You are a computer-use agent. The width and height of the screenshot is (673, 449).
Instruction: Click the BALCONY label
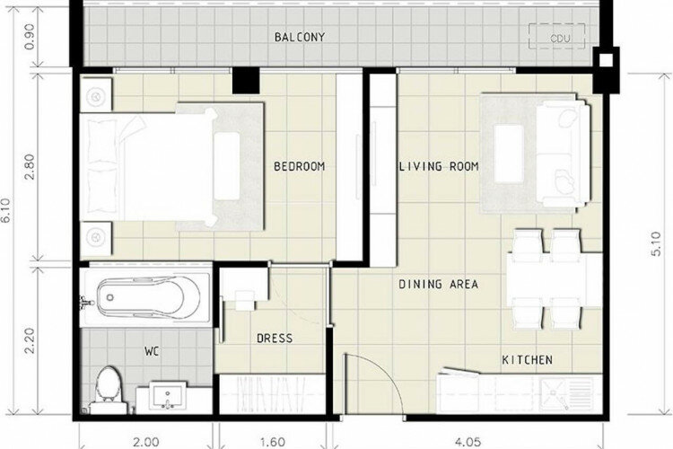pos(300,37)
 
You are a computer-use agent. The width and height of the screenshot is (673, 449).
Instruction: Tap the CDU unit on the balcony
pos(557,35)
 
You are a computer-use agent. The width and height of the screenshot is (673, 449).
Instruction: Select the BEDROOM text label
pos(299,166)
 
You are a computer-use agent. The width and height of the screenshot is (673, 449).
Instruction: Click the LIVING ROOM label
pos(439,166)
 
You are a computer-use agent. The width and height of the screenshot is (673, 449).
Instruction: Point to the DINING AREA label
pos(438,284)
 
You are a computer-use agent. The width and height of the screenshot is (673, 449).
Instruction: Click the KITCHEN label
pos(527,359)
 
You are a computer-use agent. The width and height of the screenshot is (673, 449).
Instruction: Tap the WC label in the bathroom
pos(152,352)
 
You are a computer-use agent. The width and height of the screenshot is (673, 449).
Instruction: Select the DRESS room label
pos(275,339)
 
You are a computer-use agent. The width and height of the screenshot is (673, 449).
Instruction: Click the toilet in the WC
pos(108,390)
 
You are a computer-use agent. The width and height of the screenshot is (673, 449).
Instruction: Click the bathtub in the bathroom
pos(146,297)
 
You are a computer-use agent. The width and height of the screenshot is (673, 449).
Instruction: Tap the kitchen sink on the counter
pos(565,393)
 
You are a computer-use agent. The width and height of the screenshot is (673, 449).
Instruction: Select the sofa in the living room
pos(563,154)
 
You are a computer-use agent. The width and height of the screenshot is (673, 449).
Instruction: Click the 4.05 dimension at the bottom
pos(468,442)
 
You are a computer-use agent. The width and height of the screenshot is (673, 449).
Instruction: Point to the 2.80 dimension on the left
pos(30,167)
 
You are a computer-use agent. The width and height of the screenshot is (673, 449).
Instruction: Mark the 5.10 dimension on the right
pos(656,243)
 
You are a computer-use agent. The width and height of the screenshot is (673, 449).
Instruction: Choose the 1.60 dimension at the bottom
pos(273,442)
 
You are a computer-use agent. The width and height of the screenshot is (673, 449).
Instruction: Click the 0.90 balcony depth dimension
pos(30,37)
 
